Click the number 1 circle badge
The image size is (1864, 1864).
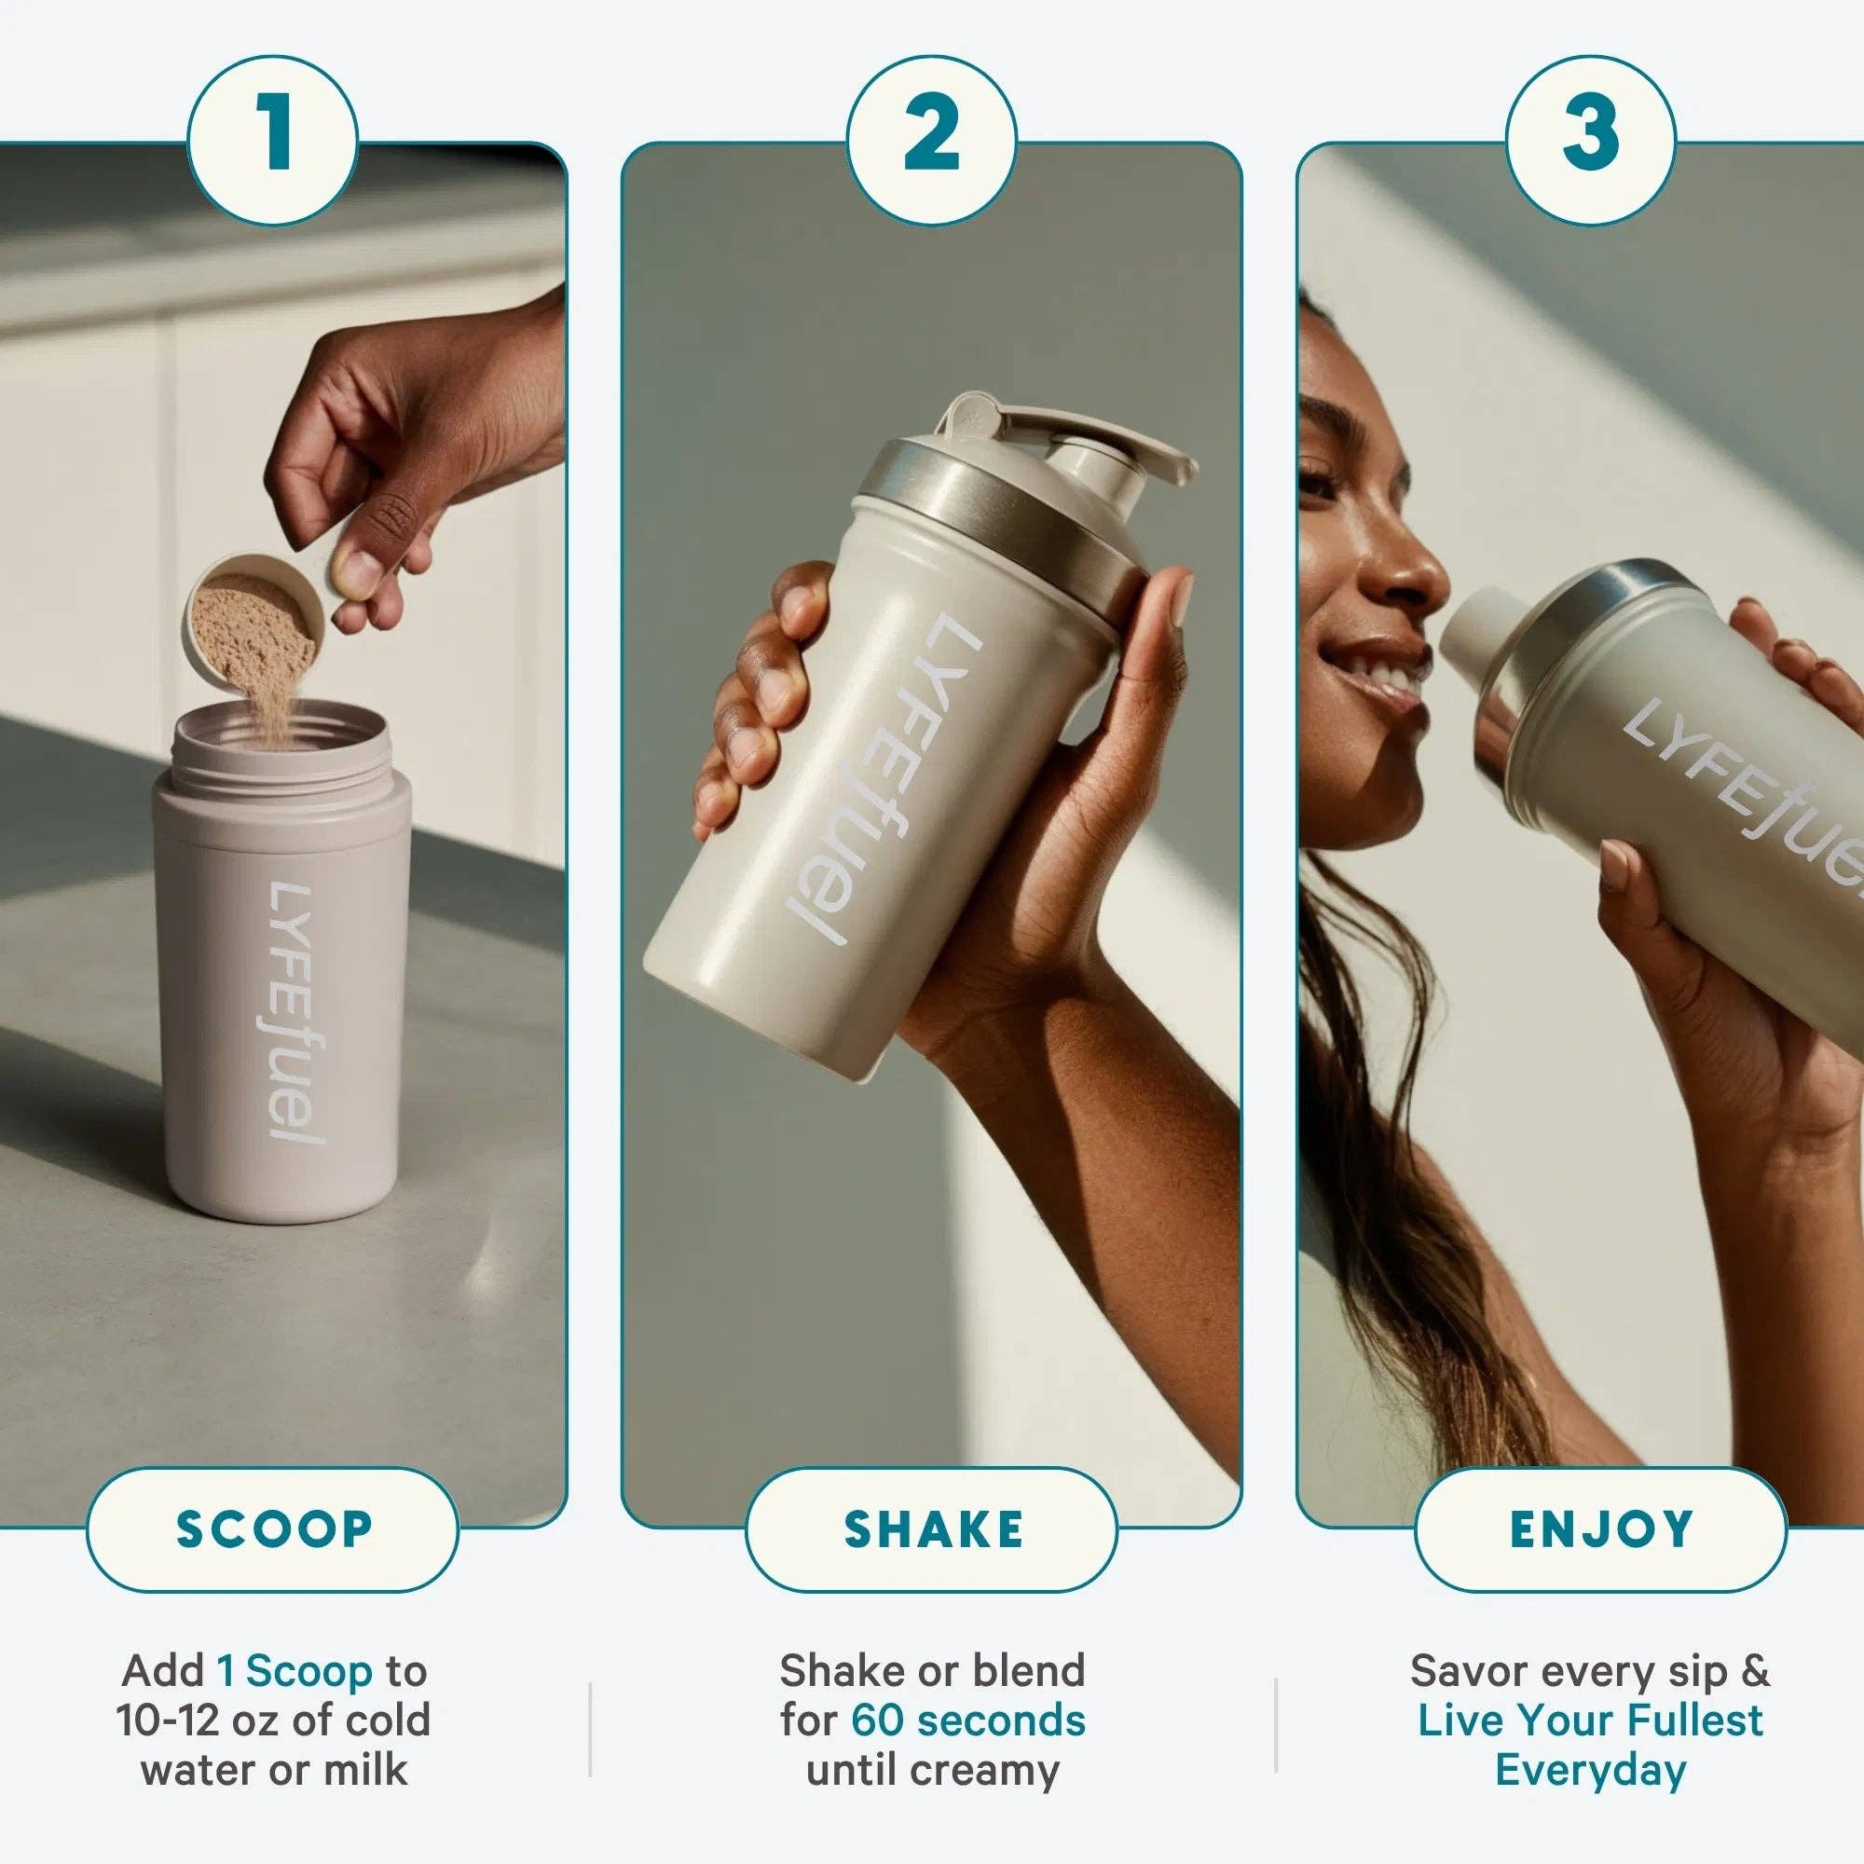coord(273,140)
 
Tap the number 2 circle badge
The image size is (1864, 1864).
coord(931,140)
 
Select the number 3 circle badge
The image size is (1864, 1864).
coord(1590,140)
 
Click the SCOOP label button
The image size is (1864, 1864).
coord(273,1529)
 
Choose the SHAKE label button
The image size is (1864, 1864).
coord(932,1529)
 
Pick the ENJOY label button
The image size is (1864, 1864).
coord(1600,1529)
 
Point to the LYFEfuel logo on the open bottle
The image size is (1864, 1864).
coord(286,1013)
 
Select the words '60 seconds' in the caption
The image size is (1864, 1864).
coord(967,1720)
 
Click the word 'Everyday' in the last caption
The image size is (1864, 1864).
coord(1590,1770)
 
